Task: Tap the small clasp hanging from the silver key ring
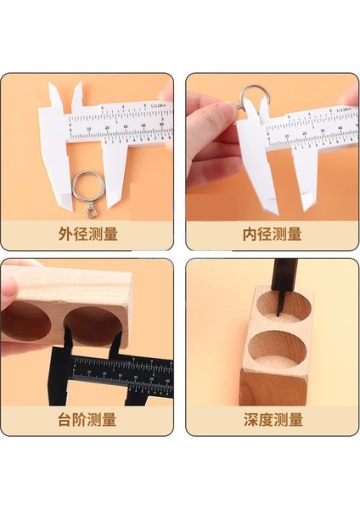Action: click(90, 204)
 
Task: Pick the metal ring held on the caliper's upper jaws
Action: click(254, 100)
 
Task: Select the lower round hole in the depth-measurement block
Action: click(275, 356)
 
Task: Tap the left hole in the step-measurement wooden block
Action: click(28, 322)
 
